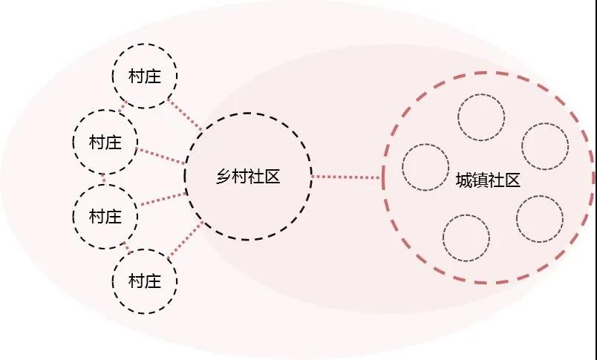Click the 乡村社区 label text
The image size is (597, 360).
coord(248,177)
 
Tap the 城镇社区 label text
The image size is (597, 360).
coord(488,180)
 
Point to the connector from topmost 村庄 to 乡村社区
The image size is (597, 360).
coord(185,114)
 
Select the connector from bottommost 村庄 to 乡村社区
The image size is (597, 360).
coord(185,240)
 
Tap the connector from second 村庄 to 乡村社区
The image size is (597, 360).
coord(161,156)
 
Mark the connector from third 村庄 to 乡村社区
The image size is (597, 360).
coord(163,200)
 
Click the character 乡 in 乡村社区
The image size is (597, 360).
coord(224,177)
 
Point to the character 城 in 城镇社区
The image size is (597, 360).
coord(464,180)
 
